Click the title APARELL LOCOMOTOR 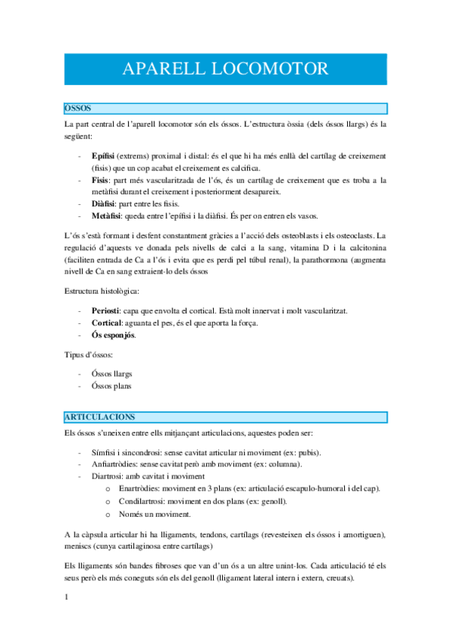coord(225,69)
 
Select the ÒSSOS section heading coord(78,109)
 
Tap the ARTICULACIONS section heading coord(99,416)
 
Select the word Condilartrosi coord(152,501)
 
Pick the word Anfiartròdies coord(117,465)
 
